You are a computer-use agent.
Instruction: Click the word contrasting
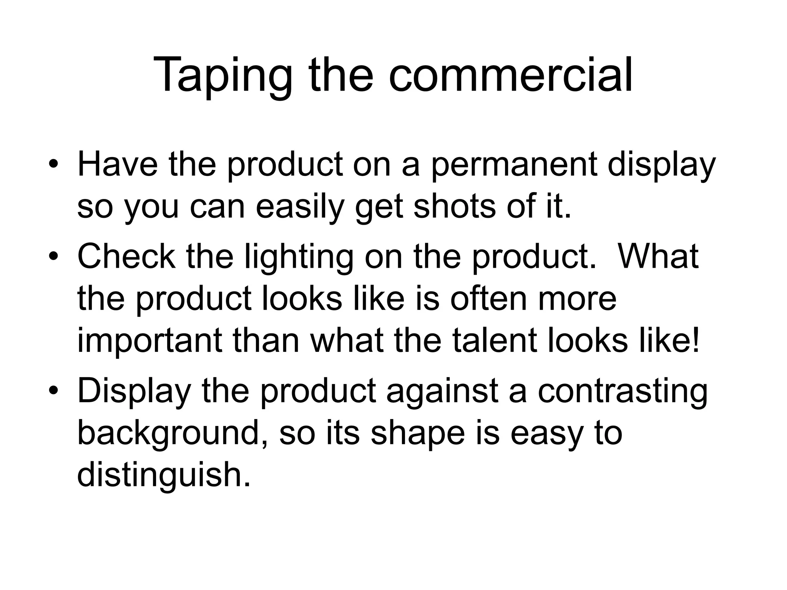point(622,392)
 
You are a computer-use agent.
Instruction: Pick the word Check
point(126,257)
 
